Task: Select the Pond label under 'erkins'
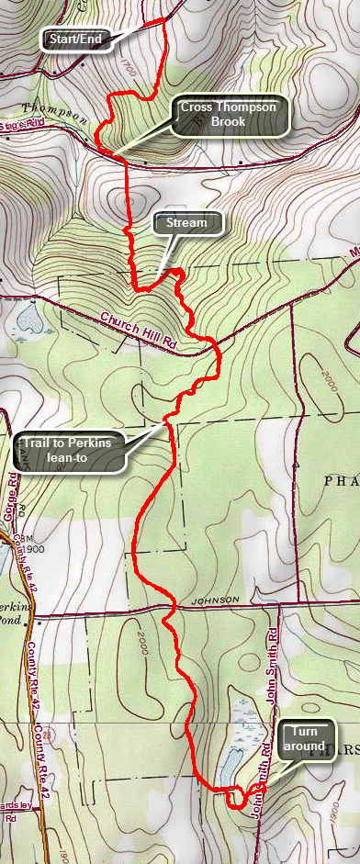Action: coord(13,620)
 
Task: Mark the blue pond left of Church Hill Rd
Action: coord(25,293)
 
